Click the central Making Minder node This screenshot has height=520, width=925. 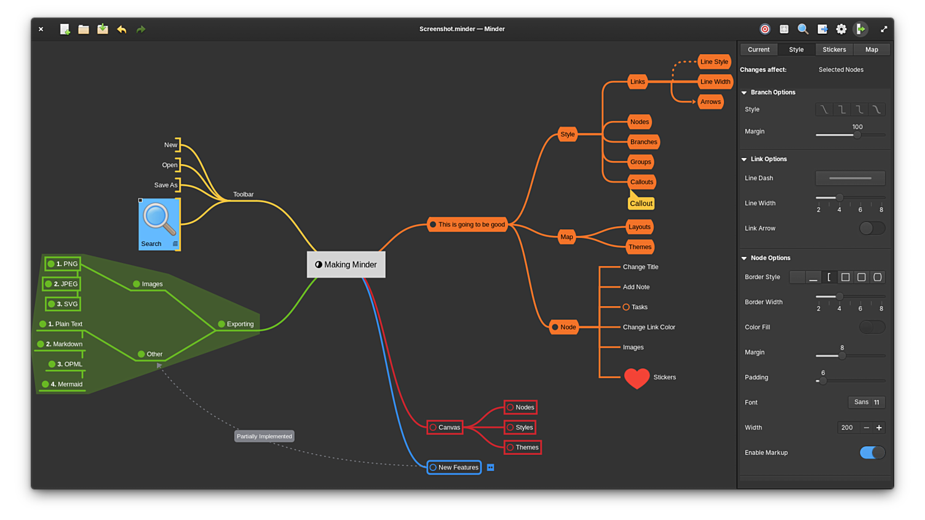346,265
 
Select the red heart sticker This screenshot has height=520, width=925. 637,378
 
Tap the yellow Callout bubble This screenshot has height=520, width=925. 641,203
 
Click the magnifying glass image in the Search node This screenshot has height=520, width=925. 159,219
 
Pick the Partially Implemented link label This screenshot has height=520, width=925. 264,436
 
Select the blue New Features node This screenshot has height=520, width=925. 455,468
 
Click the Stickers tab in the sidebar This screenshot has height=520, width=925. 834,50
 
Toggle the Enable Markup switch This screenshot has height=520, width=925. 872,453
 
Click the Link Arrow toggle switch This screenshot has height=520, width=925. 872,229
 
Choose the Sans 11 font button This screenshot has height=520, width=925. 867,403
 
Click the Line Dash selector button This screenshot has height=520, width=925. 850,178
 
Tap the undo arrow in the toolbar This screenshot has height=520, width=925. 122,30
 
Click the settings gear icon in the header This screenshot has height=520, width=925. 841,30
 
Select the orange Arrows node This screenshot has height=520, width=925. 710,102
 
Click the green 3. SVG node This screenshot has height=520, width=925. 63,304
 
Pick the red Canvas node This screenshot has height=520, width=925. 445,428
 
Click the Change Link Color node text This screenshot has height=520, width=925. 649,328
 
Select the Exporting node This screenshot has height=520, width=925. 236,325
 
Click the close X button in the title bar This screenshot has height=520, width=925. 41,30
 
